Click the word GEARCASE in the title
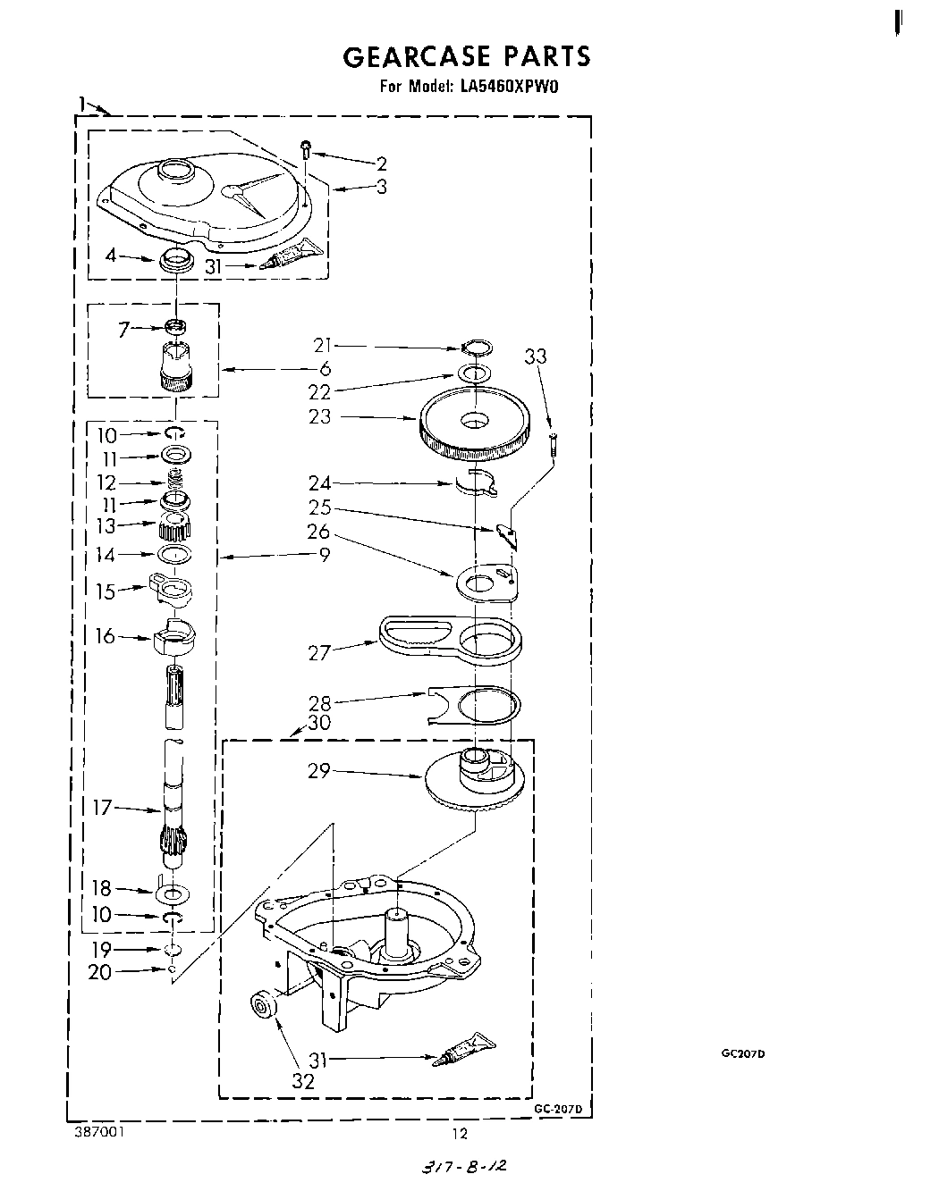(417, 56)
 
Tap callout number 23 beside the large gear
(319, 416)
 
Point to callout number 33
(535, 356)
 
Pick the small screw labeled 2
(306, 148)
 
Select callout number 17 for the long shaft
(103, 807)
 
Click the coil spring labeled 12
(176, 482)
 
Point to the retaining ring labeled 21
(477, 348)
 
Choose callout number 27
(319, 652)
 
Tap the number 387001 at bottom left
(99, 1133)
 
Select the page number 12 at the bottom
(460, 1134)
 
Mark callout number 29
(319, 770)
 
